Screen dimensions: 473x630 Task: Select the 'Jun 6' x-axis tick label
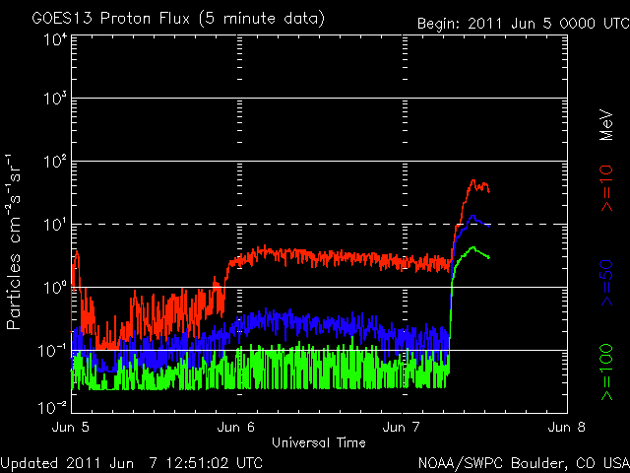pyautogui.click(x=237, y=428)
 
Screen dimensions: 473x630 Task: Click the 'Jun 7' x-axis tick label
pyautogui.click(x=403, y=428)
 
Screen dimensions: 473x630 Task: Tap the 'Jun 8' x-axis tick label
pyautogui.click(x=566, y=428)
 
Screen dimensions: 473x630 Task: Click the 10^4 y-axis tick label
pyautogui.click(x=52, y=39)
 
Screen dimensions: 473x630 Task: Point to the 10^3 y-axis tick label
pyautogui.click(x=52, y=101)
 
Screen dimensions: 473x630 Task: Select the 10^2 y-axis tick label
pyautogui.click(x=52, y=163)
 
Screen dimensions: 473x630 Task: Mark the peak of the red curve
pyautogui.click(x=474, y=180)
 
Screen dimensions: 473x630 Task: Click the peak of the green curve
pyautogui.click(x=472, y=247)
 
